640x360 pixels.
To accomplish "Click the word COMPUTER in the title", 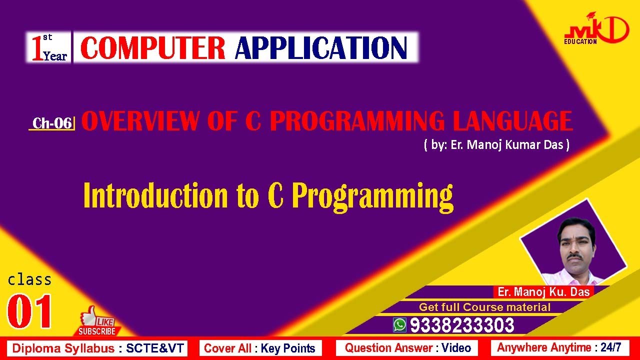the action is click(153, 47).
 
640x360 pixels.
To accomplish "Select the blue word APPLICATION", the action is click(321, 47).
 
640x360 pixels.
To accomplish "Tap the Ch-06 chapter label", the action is click(52, 123).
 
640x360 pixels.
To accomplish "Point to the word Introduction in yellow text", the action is click(155, 195).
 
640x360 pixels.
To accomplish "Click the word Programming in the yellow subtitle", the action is click(372, 197).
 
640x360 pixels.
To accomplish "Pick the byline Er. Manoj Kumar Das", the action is click(497, 144).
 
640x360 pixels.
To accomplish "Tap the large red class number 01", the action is click(29, 311).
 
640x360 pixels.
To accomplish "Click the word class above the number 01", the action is click(29, 280).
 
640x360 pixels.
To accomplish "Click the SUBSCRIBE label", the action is click(97, 331).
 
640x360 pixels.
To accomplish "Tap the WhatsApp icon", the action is click(399, 325).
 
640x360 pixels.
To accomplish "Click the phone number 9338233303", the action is click(462, 325).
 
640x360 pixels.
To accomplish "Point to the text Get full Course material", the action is click(484, 307).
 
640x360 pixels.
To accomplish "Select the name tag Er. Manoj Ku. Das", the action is click(543, 291).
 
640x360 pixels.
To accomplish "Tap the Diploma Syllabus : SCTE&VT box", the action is click(97, 348).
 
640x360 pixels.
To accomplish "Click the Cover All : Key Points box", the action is click(260, 348).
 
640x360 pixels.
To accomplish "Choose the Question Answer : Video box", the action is click(407, 348).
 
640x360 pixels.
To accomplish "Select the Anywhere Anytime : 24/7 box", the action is click(559, 347).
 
